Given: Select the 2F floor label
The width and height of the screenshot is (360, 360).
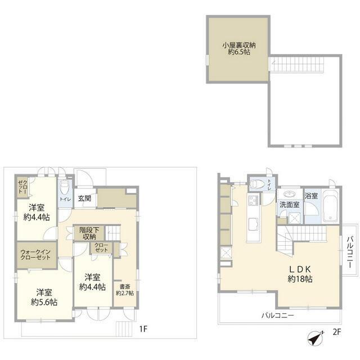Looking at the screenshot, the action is click(x=337, y=332).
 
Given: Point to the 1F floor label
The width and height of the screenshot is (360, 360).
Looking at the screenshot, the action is click(x=143, y=329).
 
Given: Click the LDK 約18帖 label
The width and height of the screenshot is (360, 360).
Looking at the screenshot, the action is click(x=300, y=274).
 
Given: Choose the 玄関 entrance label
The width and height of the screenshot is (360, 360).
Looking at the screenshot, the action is click(x=85, y=199).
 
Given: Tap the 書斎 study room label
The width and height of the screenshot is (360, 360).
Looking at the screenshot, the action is click(x=125, y=290).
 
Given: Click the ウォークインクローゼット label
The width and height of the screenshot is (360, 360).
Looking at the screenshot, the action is click(x=35, y=255).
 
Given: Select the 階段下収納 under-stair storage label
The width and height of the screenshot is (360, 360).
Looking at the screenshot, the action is click(x=89, y=233).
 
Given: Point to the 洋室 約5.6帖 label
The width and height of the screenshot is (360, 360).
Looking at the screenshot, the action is click(x=44, y=298).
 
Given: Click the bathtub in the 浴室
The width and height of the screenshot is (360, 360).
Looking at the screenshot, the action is click(x=330, y=206).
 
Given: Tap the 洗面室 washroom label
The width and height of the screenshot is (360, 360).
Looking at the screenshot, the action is click(x=289, y=205).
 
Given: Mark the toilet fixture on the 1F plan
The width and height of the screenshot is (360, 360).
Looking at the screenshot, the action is click(x=65, y=187).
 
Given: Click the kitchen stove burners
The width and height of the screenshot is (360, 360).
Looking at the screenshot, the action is click(x=253, y=200).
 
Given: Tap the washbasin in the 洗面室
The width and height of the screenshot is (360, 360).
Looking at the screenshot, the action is click(x=289, y=194).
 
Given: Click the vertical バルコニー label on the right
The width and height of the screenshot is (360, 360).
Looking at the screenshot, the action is click(x=350, y=251).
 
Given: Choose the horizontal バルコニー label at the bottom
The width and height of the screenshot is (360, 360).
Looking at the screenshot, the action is click(x=278, y=316).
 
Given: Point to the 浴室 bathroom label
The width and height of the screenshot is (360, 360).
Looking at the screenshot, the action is click(x=311, y=196).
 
